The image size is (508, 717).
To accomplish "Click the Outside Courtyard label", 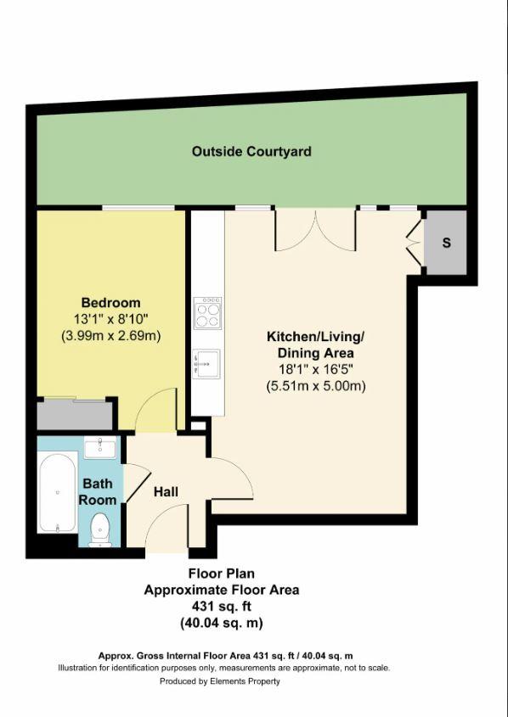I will [251, 152].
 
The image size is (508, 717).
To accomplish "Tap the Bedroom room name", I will [110, 303].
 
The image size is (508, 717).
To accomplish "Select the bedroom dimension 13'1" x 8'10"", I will [110, 319].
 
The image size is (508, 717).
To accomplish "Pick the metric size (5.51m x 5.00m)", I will [315, 386].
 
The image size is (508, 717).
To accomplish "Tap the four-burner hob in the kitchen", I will [208, 312].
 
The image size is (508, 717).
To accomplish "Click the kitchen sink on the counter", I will [207, 363].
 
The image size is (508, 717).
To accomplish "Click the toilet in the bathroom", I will [102, 528].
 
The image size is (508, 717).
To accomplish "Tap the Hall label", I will [166, 491].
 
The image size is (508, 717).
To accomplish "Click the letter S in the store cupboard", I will [446, 243].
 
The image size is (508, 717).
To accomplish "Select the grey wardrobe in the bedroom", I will [76, 415].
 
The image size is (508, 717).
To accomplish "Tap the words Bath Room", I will [99, 492].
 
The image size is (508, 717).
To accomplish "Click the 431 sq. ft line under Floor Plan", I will [221, 607].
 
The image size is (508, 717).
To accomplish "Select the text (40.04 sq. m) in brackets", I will [221, 623].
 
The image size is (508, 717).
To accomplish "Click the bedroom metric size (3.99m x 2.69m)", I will [110, 335].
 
